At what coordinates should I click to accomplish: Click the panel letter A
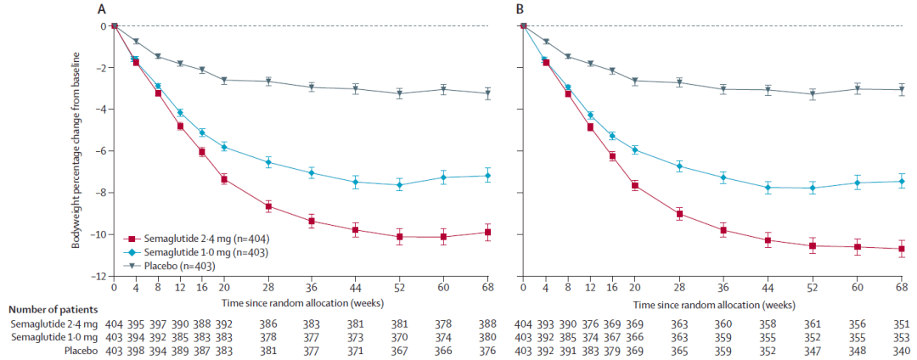click(x=102, y=9)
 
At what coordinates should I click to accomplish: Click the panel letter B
click(x=513, y=9)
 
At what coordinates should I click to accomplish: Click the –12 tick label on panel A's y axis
click(x=98, y=276)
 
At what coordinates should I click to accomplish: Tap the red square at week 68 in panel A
click(x=487, y=232)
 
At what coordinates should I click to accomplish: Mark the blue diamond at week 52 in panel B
click(x=813, y=188)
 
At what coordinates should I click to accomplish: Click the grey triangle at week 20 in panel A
click(x=224, y=80)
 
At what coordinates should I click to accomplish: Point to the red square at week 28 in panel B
click(x=678, y=214)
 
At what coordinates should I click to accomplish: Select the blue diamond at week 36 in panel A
click(x=312, y=172)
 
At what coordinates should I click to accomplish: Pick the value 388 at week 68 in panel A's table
click(x=487, y=324)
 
